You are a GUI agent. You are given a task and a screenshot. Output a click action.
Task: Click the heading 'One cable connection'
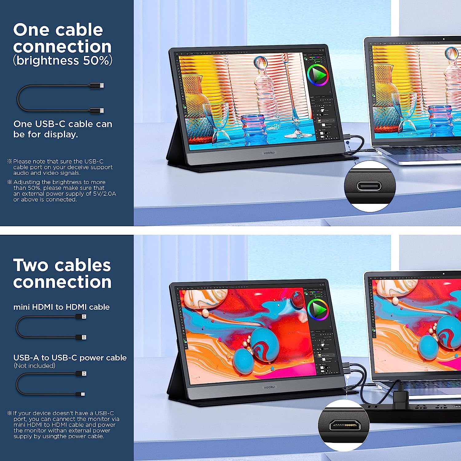(62, 38)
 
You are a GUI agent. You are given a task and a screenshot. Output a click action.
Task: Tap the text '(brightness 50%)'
(63, 61)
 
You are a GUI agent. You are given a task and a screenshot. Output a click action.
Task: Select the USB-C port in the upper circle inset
(369, 186)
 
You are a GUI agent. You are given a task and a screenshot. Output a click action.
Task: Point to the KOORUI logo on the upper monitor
(269, 153)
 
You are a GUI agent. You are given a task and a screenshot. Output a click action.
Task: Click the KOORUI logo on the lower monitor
(269, 388)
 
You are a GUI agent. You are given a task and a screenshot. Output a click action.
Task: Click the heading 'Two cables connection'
(62, 273)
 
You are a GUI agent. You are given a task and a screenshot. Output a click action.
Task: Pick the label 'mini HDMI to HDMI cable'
(61, 307)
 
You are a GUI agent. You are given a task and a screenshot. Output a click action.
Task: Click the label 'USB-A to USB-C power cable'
(70, 358)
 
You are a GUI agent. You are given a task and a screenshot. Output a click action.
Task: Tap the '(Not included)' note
(34, 366)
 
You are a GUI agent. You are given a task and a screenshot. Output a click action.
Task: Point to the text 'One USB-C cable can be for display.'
(63, 129)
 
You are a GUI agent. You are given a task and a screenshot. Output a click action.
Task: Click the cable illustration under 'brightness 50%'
(60, 98)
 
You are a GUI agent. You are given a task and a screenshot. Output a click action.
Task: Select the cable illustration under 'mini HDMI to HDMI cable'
(51, 327)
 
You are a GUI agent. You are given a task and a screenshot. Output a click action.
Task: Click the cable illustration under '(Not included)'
(51, 384)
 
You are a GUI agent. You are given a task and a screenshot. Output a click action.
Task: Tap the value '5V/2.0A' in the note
(104, 194)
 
